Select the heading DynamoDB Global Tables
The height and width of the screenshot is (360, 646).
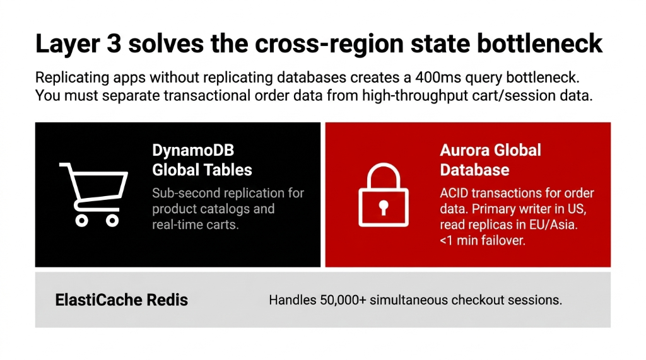202,160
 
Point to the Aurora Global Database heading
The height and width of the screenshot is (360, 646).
490,160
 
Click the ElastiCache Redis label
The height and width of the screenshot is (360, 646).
122,299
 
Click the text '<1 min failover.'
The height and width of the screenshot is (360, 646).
483,240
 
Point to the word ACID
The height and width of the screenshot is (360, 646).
454,193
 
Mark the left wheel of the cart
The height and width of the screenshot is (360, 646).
81,220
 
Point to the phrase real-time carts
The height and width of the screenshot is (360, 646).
196,224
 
